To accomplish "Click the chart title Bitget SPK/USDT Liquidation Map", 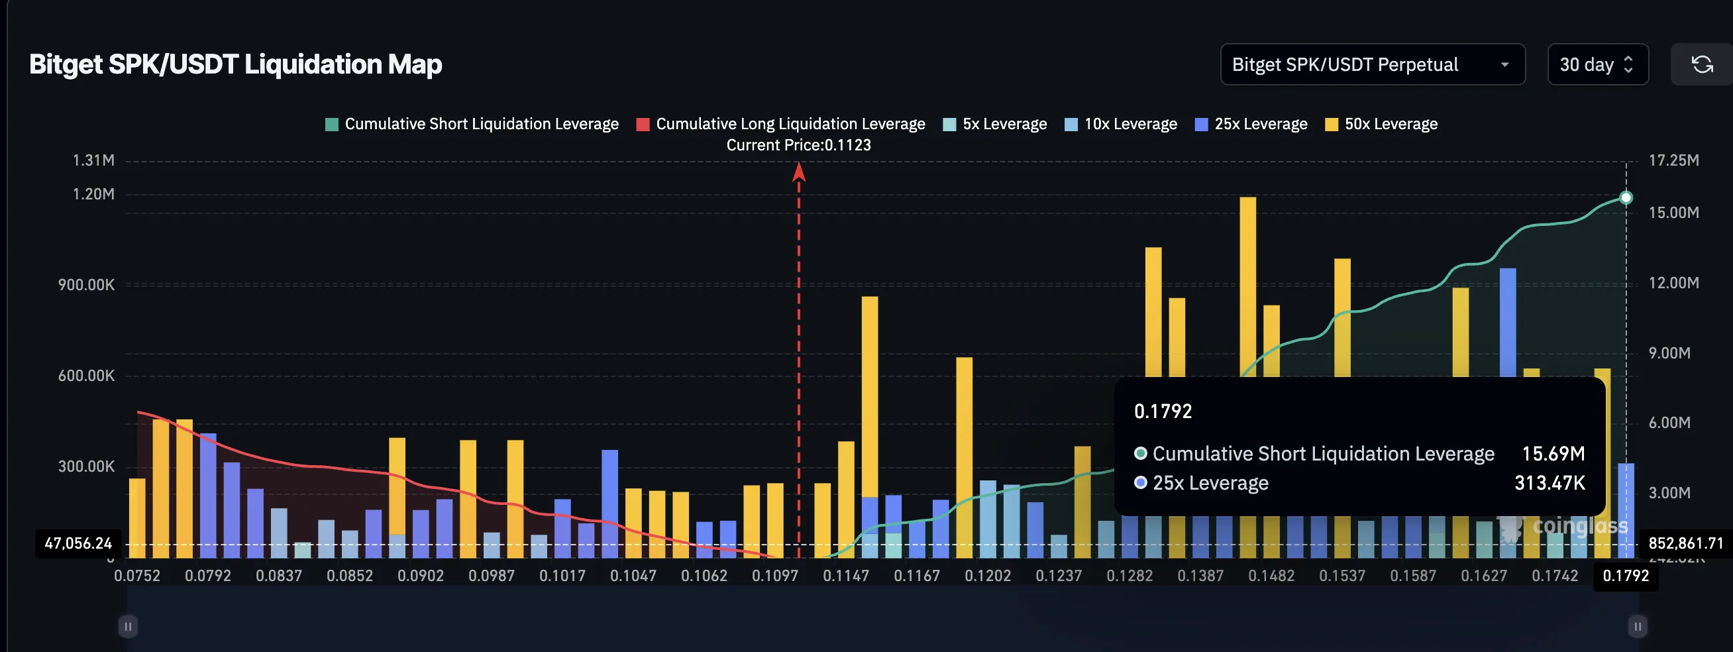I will (235, 64).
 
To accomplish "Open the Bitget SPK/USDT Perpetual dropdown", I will (1372, 64).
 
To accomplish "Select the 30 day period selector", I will (1597, 64).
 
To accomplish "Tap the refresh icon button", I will (1701, 64).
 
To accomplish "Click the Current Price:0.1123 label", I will (798, 145).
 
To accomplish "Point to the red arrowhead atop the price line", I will (798, 172).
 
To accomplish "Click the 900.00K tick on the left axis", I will (86, 285).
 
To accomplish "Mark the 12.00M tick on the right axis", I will (1673, 283).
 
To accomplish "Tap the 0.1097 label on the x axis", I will (774, 576).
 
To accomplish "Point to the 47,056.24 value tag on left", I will (78, 543).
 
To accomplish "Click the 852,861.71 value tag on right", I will (1685, 543).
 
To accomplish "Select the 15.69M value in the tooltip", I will (1553, 453).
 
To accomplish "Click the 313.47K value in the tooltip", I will (1549, 483).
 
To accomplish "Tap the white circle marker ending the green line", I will (1626, 198).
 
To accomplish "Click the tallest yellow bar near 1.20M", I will (1247, 283).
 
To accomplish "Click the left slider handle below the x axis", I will (128, 626).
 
